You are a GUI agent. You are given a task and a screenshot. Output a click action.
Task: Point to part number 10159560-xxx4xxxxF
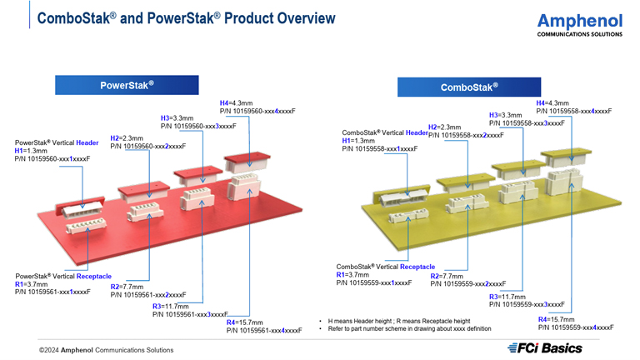[257, 111]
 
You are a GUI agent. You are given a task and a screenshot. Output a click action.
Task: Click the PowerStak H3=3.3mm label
[177, 118]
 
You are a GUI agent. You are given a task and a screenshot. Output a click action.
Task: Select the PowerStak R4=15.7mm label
[245, 322]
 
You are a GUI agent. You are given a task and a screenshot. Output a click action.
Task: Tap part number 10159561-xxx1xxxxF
[52, 292]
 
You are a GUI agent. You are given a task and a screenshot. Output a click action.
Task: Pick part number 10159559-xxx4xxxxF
[575, 327]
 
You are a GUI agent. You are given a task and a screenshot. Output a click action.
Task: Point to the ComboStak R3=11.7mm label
[507, 297]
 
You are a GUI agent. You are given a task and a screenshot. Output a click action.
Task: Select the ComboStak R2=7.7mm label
[447, 276]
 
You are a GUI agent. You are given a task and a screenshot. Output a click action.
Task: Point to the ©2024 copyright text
[106, 350]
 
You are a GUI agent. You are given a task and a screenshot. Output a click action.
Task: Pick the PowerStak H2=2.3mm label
[127, 138]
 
